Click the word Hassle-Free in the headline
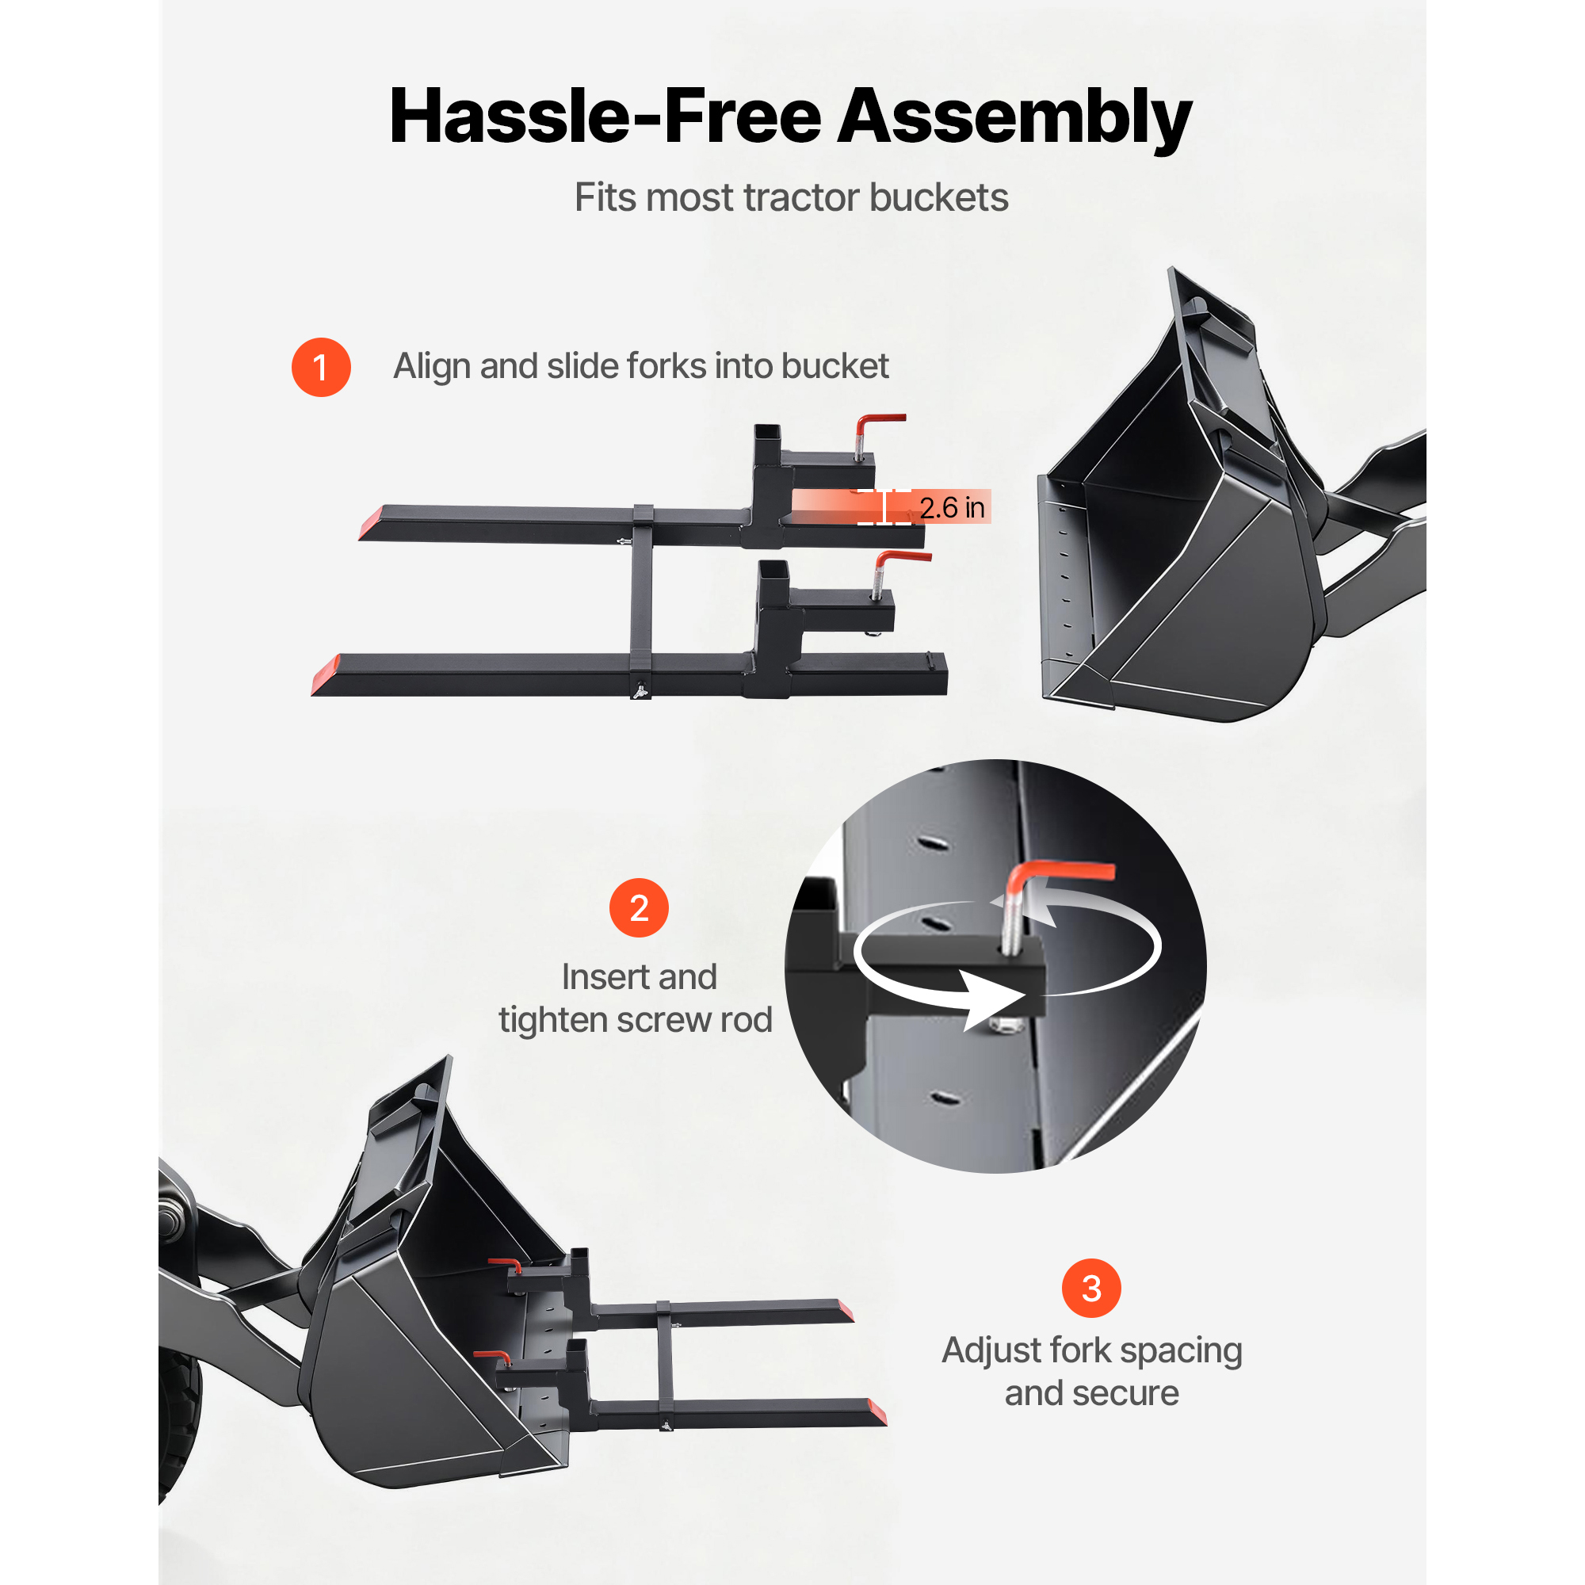pos(605,117)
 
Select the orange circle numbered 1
pos(321,367)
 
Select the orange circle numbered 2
pos(639,908)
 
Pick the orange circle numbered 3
pos(1091,1288)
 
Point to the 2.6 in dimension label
pos(951,508)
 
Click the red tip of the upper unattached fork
pos(371,522)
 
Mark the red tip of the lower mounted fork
pos(876,1412)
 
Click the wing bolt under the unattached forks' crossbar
pos(640,691)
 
